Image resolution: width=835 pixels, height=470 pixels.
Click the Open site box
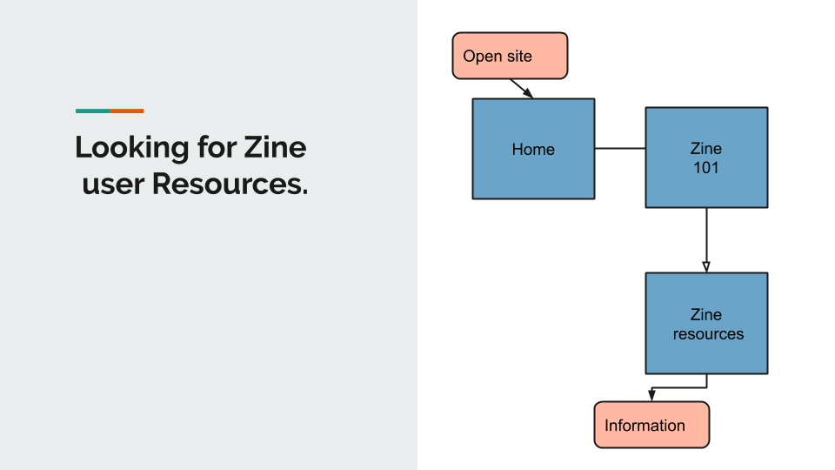point(511,56)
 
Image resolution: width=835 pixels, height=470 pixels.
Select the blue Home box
point(533,149)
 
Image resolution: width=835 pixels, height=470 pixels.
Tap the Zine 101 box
point(706,158)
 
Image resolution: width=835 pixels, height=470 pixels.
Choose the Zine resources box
point(706,324)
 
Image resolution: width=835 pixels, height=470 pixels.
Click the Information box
point(651,425)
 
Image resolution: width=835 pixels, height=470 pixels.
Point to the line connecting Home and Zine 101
point(620,148)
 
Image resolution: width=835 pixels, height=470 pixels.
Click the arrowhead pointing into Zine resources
point(706,267)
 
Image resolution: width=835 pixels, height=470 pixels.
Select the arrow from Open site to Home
point(521,89)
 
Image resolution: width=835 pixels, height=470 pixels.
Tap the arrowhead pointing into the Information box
point(651,395)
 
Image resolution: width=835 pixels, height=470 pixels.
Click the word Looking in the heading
point(132,148)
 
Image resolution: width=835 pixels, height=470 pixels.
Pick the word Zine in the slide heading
point(276,147)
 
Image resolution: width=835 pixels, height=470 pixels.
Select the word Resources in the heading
point(230,184)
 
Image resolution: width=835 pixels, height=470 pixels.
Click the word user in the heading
point(113,185)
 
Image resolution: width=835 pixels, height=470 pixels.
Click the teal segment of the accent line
point(93,111)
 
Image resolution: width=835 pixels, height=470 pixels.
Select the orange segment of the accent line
point(127,111)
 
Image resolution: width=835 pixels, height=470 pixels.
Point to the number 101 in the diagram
point(706,168)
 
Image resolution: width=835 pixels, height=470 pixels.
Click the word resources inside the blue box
point(708,334)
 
